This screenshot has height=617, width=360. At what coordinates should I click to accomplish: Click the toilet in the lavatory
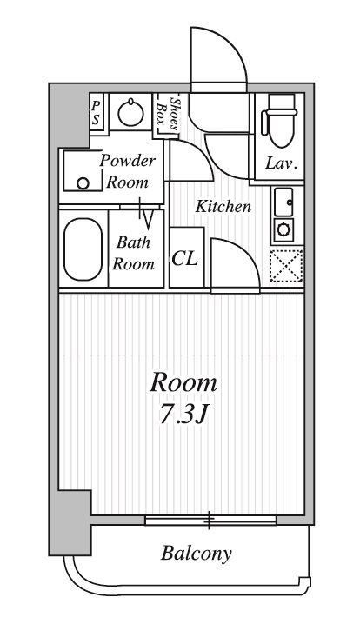[x=281, y=121]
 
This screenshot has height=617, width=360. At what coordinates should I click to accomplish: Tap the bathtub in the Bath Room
[x=83, y=249]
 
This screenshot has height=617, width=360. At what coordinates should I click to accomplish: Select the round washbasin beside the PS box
[x=130, y=113]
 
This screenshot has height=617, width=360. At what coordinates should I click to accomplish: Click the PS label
[x=96, y=112]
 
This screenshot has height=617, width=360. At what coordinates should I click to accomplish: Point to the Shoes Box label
[x=168, y=114]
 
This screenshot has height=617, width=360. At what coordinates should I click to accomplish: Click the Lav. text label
[x=281, y=163]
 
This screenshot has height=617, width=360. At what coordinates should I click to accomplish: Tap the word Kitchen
[x=223, y=207]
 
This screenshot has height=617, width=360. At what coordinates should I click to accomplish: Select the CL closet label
[x=184, y=259]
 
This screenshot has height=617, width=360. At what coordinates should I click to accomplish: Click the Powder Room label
[x=128, y=171]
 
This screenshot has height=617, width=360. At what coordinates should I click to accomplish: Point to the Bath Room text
[x=133, y=254]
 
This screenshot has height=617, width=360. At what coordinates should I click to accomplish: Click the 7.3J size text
[x=183, y=415]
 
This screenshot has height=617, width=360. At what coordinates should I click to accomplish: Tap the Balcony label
[x=196, y=554]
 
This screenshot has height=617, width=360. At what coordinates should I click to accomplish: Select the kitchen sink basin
[x=283, y=202]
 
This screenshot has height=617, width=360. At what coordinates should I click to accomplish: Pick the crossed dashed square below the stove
[x=286, y=267]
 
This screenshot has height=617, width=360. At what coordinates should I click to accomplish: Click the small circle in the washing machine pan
[x=83, y=183]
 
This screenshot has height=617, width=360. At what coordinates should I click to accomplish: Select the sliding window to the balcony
[x=210, y=521]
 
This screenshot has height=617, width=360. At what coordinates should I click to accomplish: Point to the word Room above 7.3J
[x=183, y=383]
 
